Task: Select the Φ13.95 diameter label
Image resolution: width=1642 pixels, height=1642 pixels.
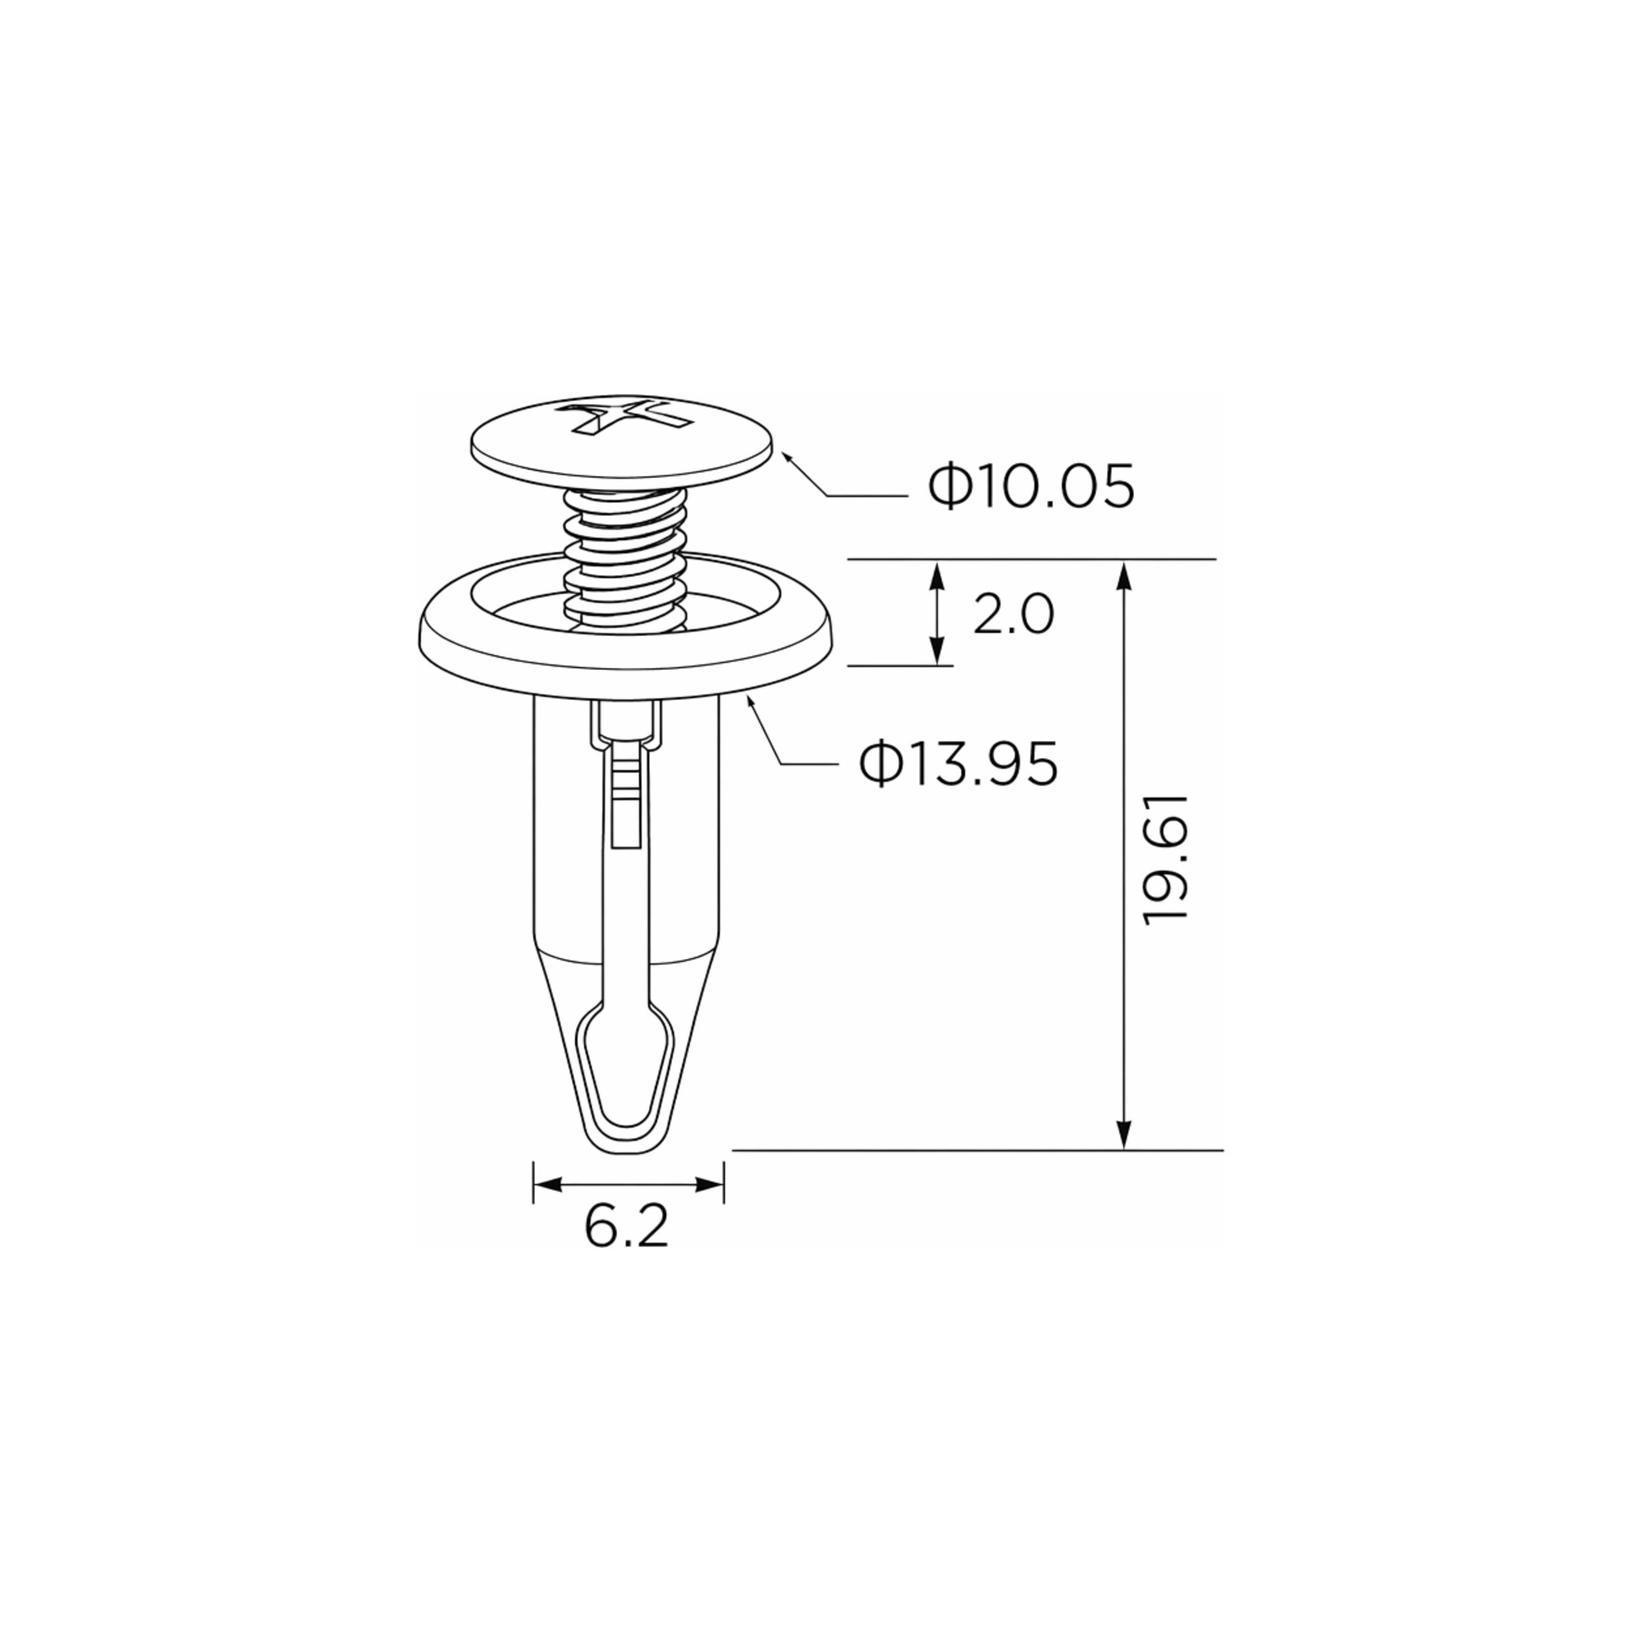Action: tap(958, 763)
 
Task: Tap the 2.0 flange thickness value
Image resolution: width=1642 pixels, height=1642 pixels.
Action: tap(1012, 615)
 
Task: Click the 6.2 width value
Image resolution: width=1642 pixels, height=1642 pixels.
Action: tap(627, 1228)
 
